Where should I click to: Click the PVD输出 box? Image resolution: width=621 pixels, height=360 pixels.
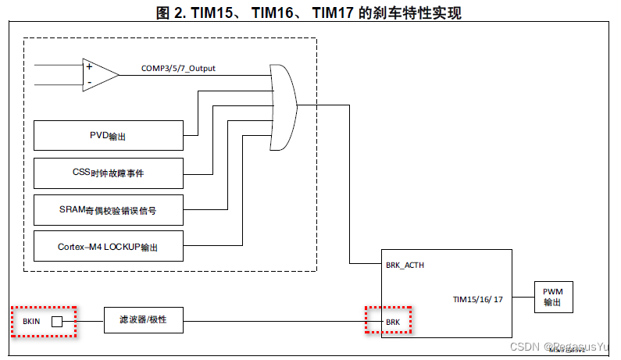(109, 136)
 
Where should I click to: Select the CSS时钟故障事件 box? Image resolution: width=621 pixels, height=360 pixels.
(109, 173)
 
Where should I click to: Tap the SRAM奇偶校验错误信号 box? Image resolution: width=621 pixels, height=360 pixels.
(109, 209)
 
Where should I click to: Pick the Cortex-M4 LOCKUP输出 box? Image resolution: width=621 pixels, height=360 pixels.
(109, 246)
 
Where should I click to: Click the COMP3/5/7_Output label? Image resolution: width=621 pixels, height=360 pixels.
(178, 68)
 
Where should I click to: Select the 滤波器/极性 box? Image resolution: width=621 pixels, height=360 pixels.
(144, 320)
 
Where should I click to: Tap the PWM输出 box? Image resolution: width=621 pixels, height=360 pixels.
(553, 298)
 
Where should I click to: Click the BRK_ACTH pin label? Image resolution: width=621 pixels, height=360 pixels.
(405, 266)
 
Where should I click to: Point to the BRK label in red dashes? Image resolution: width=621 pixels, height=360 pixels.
(394, 321)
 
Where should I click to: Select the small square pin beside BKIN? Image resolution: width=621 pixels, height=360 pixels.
(56, 321)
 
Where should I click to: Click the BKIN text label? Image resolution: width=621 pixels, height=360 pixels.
(31, 321)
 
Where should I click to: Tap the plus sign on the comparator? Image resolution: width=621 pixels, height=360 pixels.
(89, 66)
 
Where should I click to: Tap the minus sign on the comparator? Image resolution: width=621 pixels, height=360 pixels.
(89, 81)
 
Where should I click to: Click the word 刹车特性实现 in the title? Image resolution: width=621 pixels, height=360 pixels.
(409, 12)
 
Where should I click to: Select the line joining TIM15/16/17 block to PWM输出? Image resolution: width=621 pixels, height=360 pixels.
(523, 298)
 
